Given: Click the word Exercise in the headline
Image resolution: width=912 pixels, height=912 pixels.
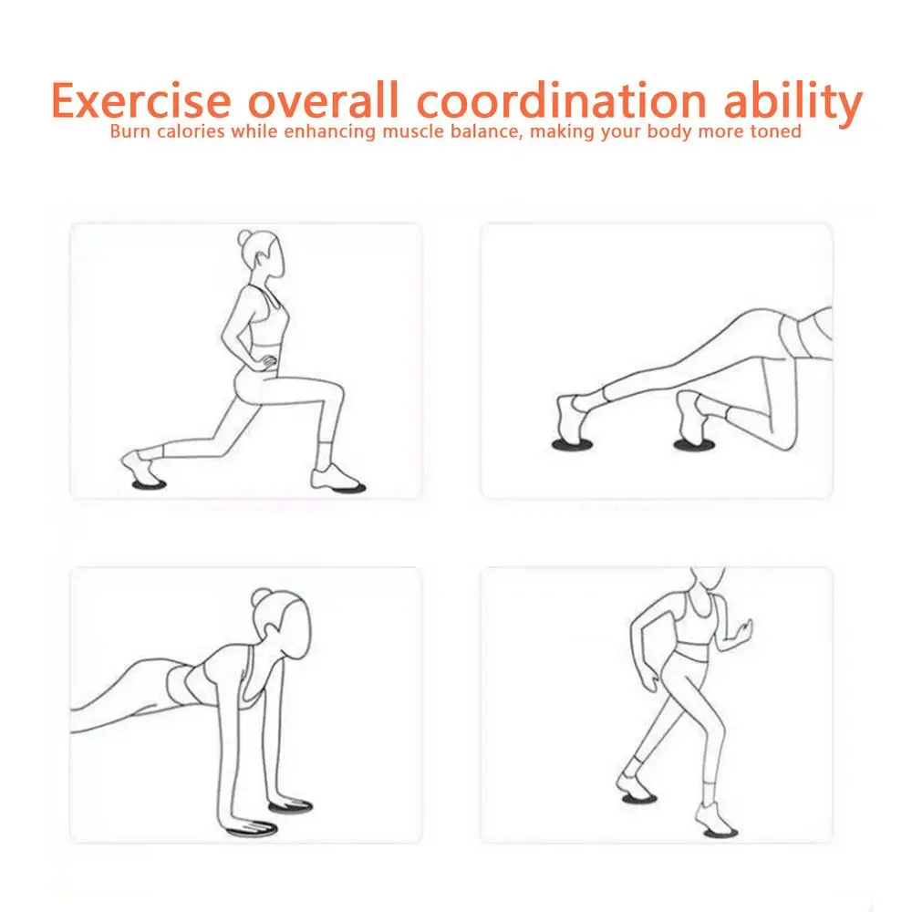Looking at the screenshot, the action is [141, 100].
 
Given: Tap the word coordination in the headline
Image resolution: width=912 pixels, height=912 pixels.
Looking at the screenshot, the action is [561, 99].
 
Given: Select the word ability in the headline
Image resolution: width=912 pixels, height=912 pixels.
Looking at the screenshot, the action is [793, 104].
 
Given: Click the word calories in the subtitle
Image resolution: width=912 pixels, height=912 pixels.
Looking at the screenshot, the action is [191, 131].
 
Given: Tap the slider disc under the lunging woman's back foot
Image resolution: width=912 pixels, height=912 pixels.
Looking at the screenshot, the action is [149, 484].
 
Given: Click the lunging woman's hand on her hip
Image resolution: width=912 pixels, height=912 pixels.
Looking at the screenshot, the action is [267, 362].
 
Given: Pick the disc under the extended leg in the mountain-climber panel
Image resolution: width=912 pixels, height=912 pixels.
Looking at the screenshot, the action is [573, 445].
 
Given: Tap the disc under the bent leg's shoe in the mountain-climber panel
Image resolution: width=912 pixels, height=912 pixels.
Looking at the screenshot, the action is [694, 445].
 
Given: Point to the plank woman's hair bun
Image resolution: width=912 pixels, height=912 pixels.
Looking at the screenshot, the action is [261, 597].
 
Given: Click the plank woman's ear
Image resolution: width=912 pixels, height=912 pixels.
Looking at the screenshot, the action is [272, 629].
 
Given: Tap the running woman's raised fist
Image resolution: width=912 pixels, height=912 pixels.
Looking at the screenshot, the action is [744, 629].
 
